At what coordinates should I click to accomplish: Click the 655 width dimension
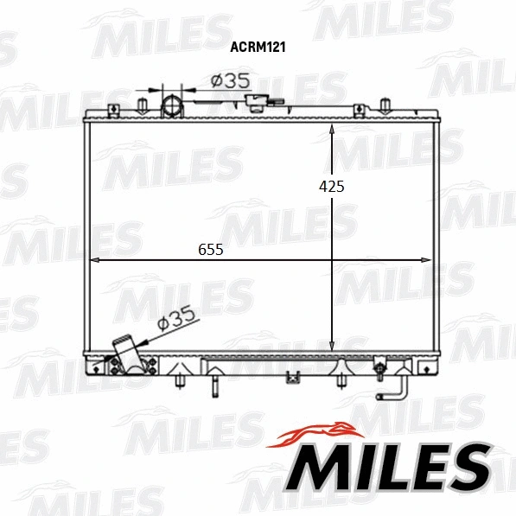point(211,250)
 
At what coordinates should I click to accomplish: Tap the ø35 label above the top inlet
point(231,80)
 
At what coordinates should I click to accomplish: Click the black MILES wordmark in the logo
point(388,466)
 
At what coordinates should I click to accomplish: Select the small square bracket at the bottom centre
point(293,377)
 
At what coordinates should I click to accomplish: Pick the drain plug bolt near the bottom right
point(379,373)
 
